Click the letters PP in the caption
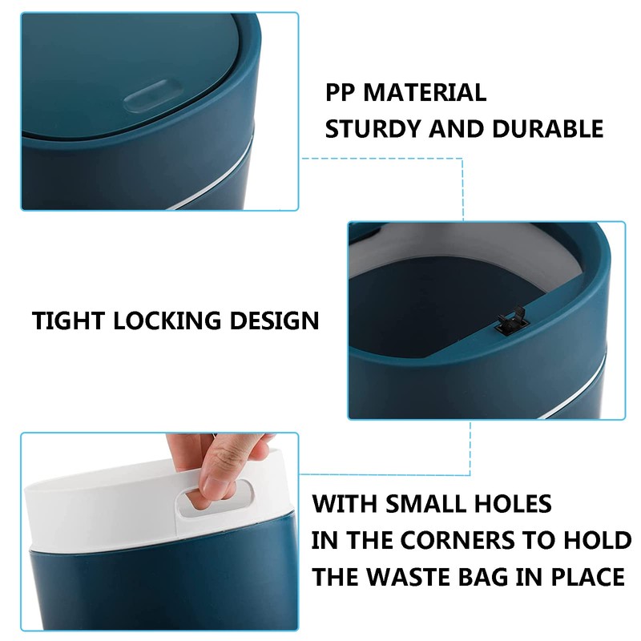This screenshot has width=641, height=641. (341, 92)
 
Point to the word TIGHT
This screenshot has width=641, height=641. (68, 321)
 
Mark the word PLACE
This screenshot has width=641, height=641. (585, 576)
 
